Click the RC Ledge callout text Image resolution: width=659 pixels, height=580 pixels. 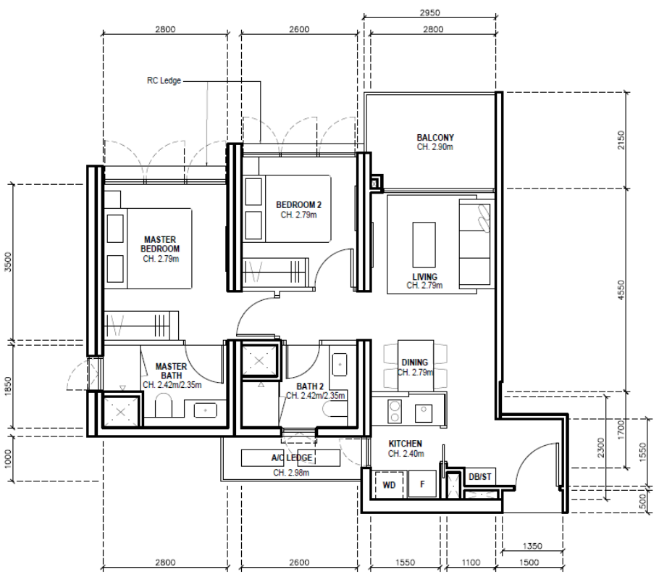coord(164,80)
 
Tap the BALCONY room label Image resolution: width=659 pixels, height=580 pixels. coord(435,138)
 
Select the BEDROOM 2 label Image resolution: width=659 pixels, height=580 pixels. coord(298,205)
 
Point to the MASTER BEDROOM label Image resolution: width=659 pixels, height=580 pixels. coord(160,244)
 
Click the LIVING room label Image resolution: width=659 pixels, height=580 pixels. coord(424,277)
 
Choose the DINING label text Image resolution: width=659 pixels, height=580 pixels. coord(414,362)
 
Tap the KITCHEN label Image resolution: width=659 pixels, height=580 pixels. coord(405,444)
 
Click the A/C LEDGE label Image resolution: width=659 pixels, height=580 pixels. coord(292,457)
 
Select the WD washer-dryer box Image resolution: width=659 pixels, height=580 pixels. coord(389,484)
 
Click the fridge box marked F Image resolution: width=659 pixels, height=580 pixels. coord(422,484)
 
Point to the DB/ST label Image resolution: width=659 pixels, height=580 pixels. coord(479,477)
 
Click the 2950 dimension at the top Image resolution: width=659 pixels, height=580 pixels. coord(429,12)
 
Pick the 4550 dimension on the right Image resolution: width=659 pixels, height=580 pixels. coord(621,290)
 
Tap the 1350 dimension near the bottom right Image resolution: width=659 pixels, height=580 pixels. coord(532,546)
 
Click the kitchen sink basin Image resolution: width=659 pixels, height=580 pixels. coord(424,413)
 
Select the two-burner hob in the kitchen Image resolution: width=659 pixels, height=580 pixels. coord(395,411)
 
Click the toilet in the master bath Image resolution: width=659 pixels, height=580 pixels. coord(164,405)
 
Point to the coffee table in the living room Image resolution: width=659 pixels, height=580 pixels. coord(424,244)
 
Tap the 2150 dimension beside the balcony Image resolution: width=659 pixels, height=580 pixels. coord(621,140)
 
